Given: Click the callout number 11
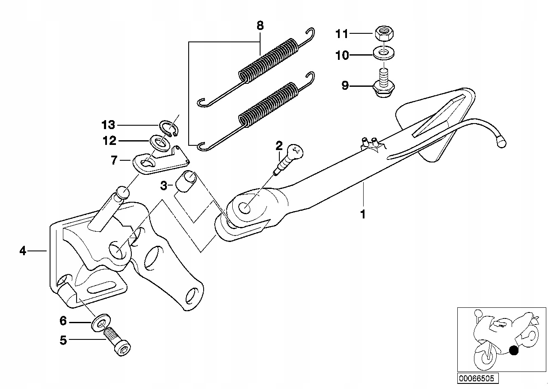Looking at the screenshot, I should coord(342,33).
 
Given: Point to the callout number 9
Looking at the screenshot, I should coord(345,86).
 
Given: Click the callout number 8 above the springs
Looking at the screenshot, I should coord(260,25).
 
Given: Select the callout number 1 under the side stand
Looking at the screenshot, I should coord(363,214).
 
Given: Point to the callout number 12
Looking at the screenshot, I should coord(109,140).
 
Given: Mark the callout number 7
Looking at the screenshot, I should coord(114,161).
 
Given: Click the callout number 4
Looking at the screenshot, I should coord(23,251).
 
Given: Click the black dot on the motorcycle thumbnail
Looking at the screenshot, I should coord(514,351).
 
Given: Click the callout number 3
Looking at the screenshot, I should coord(163,186).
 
